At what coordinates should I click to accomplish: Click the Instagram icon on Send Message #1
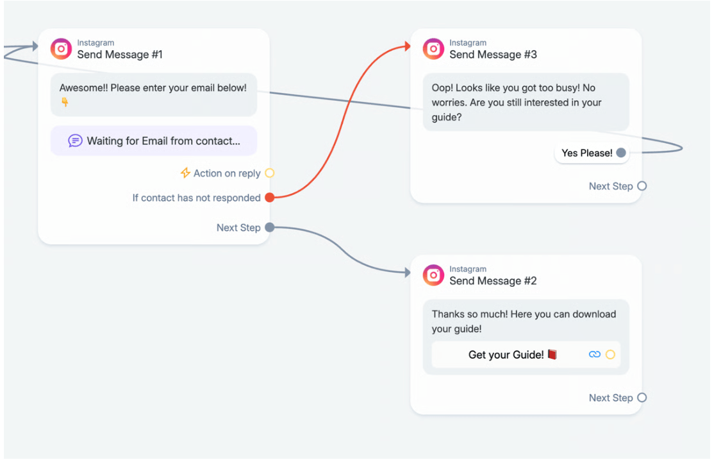coord(61,49)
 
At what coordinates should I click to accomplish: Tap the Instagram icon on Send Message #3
coord(433,49)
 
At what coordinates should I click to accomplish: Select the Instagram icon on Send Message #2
coord(433,275)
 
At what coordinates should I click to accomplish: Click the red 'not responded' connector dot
coord(270,198)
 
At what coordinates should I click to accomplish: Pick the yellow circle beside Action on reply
coord(270,173)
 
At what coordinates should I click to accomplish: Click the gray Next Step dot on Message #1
coord(270,227)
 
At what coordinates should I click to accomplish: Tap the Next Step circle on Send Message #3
coord(642,186)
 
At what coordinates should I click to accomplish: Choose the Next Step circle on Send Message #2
coord(642,398)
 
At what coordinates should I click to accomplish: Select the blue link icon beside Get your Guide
coord(595,354)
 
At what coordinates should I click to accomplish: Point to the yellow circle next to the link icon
coord(611,354)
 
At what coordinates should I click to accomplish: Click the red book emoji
coord(552,354)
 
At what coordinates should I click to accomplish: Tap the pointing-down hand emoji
coord(65,102)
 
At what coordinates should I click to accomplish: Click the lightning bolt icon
coord(185,173)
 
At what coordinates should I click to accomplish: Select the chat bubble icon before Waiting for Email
coord(75,141)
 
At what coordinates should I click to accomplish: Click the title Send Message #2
coord(493,281)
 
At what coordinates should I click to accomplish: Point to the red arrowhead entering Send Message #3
coord(408,46)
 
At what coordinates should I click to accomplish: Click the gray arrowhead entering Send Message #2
coord(408,272)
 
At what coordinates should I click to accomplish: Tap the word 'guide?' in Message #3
coord(447,117)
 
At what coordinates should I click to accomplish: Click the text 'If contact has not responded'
coord(196,198)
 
